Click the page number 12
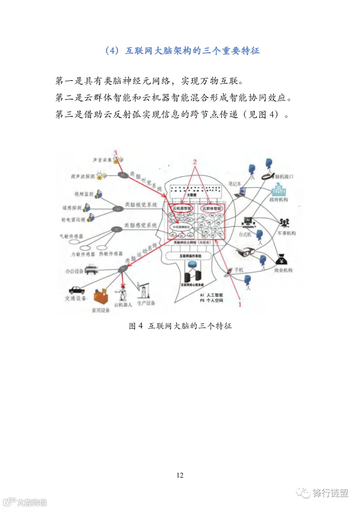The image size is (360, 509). (180, 475)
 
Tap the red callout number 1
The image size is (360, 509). (240, 304)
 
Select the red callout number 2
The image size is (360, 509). (195, 162)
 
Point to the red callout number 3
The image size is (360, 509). (115, 153)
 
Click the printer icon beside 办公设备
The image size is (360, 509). (91, 269)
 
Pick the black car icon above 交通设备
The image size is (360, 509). (77, 290)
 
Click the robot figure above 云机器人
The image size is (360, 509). (123, 293)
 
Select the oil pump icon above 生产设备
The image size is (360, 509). (144, 291)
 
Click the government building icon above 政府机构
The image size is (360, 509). (278, 189)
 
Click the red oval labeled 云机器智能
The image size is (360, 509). (182, 208)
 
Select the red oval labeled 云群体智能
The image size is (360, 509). (212, 208)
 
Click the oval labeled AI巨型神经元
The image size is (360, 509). (181, 227)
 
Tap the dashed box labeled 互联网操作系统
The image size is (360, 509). (190, 256)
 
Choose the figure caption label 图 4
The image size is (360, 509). (136, 326)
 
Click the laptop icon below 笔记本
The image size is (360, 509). (241, 192)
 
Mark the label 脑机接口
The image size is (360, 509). (284, 176)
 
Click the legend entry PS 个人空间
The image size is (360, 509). (211, 300)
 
